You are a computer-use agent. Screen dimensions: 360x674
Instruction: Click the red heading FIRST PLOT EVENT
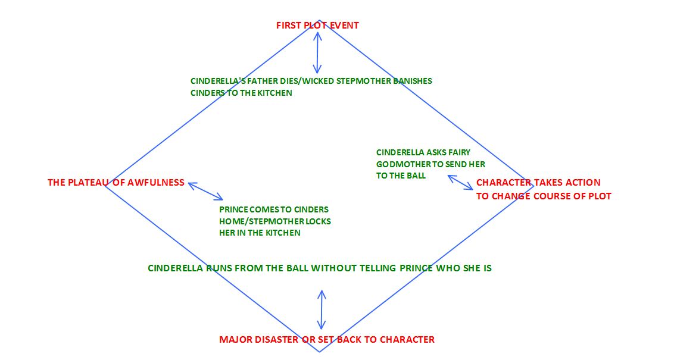pos(317,26)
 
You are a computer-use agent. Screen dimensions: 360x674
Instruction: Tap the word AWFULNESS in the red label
pos(157,183)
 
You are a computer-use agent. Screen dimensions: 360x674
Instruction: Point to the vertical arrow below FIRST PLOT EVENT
pos(317,52)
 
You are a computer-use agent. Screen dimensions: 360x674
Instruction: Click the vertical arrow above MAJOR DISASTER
pos(322,309)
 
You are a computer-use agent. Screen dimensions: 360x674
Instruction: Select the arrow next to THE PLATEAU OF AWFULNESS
pos(205,191)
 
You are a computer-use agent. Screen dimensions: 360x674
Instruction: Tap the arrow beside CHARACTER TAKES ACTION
pos(461,182)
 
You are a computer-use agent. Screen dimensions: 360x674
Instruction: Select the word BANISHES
pos(413,81)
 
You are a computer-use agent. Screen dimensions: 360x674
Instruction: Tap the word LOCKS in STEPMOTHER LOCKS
pos(319,221)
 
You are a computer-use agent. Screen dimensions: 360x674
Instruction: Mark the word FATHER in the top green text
pos(255,81)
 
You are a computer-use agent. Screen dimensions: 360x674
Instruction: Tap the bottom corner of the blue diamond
pos(320,352)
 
